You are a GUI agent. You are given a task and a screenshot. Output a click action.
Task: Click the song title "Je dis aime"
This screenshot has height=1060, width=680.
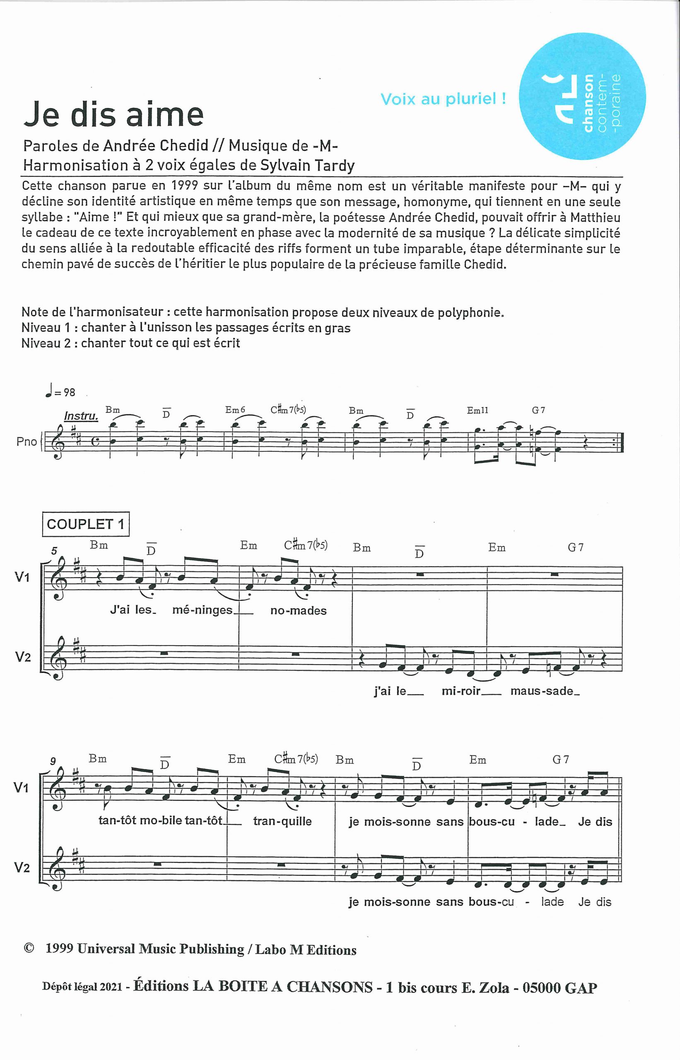click(113, 114)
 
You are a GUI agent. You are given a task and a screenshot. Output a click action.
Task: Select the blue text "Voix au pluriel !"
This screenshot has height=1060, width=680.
click(443, 99)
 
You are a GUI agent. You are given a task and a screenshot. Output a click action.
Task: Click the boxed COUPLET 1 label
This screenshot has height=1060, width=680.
click(86, 524)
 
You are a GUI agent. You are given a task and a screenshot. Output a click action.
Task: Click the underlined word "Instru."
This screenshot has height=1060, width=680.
click(81, 416)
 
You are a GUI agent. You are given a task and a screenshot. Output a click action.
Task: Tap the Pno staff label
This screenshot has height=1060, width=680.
click(27, 441)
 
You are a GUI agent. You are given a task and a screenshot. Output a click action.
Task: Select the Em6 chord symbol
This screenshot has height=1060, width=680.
click(235, 410)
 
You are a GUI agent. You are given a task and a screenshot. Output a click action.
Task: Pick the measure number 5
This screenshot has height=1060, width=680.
click(54, 551)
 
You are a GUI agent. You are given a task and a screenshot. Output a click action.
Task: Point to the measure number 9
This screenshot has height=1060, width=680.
click(53, 761)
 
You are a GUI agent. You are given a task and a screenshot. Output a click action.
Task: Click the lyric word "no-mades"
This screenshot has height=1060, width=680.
click(299, 611)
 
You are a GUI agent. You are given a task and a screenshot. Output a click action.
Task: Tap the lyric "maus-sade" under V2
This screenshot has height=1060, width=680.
click(545, 691)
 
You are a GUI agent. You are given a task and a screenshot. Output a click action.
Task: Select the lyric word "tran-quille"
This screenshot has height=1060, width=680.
click(282, 821)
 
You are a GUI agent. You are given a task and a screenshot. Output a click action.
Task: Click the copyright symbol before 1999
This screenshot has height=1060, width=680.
click(29, 948)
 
